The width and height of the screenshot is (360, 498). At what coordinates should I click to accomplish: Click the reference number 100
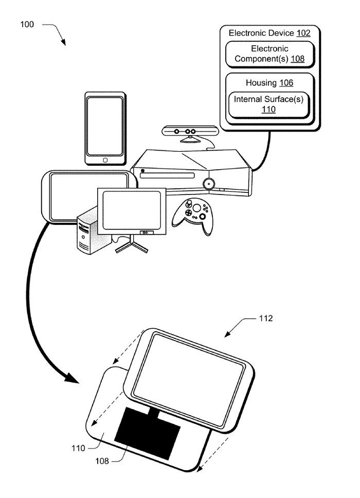pyautogui.click(x=27, y=24)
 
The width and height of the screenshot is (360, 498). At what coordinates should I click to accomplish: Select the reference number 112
pyautogui.click(x=265, y=318)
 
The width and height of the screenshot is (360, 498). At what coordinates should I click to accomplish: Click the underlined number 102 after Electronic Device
pyautogui.click(x=303, y=33)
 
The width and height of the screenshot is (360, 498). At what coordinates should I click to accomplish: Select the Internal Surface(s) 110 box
pyautogui.click(x=268, y=104)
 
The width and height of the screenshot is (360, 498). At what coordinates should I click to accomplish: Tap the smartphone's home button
pyautogui.click(x=105, y=160)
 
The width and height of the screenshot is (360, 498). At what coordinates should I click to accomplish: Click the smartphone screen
pyautogui.click(x=105, y=126)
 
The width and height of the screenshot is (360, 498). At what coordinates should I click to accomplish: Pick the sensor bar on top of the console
pyautogui.click(x=190, y=132)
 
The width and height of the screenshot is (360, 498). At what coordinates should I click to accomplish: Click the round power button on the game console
pyautogui.click(x=209, y=184)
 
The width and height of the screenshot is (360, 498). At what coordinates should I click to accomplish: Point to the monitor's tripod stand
pyautogui.click(x=132, y=245)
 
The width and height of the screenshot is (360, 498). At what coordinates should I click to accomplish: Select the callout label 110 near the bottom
pyautogui.click(x=78, y=448)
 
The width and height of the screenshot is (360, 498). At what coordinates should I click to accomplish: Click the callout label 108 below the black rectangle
pyautogui.click(x=102, y=461)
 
